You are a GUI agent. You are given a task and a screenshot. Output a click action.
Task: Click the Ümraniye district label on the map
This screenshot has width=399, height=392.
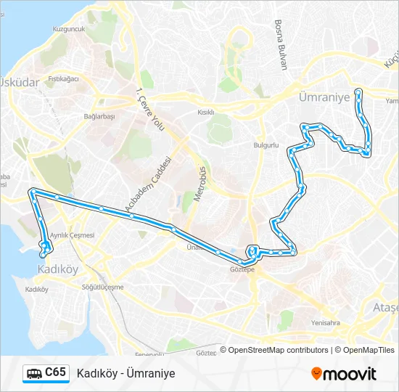(x=324, y=96)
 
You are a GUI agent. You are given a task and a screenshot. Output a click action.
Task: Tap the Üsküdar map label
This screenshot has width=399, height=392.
(x=20, y=83)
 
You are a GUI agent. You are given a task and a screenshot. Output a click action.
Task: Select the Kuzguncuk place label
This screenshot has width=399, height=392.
(x=69, y=29)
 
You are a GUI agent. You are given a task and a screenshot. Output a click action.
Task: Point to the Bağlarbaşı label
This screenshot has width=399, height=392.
(x=99, y=116)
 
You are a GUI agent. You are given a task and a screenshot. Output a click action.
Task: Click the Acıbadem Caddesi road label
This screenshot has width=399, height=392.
(x=148, y=186)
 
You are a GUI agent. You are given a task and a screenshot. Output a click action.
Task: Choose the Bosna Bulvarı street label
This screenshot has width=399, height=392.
(x=281, y=44)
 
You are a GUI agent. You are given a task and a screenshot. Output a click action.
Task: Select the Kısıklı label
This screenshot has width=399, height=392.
(x=207, y=113)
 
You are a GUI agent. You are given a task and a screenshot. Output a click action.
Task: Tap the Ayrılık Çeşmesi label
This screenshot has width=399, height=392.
(x=72, y=236)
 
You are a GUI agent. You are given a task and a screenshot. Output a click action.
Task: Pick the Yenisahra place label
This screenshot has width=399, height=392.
(x=325, y=323)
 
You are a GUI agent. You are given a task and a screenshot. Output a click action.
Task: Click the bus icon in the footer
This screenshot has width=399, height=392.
(x=33, y=374)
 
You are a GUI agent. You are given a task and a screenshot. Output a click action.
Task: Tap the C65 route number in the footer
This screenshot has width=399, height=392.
(x=55, y=372)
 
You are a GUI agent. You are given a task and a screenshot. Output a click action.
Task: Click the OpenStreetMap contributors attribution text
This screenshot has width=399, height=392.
(x=279, y=350)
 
